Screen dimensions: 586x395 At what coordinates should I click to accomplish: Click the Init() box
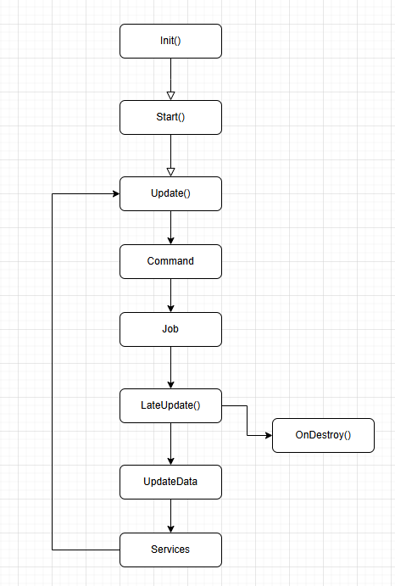point(170,41)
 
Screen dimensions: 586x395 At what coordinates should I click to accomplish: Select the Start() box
point(170,117)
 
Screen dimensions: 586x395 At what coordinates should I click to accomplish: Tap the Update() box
point(170,193)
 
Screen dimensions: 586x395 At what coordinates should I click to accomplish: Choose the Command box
point(170,261)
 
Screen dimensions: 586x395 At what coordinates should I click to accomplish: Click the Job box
point(170,329)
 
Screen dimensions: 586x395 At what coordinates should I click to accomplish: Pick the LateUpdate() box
point(170,405)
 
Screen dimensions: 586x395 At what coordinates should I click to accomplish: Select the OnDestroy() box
point(323,436)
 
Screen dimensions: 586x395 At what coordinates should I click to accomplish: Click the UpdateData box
point(170,482)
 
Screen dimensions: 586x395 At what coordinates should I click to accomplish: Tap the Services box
point(170,550)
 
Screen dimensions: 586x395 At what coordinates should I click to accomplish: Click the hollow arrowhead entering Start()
point(170,95)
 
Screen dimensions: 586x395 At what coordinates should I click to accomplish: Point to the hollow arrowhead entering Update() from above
point(170,171)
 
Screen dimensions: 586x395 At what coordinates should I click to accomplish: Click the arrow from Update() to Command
point(170,227)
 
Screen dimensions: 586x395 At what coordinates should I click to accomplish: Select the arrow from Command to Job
point(170,295)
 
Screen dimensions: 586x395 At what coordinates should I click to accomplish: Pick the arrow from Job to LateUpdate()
point(170,367)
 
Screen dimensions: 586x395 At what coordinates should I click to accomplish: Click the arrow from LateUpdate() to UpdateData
point(170,444)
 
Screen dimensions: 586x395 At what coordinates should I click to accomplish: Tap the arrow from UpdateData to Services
point(170,516)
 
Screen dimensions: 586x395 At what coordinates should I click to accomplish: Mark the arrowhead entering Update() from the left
point(114,193)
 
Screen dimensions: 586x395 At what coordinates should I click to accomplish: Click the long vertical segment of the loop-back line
point(53,373)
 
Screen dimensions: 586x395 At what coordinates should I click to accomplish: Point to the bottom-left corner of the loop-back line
point(53,550)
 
